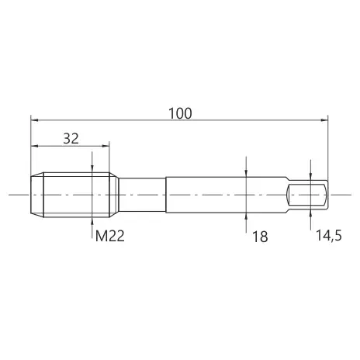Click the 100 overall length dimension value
(180, 113)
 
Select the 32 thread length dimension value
(71, 139)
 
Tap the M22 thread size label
(110, 236)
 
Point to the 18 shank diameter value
(260, 237)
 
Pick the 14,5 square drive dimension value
(329, 236)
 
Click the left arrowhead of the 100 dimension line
(34, 120)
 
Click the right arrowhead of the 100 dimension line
(324, 120)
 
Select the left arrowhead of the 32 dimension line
(35, 146)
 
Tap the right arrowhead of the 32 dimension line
(106, 146)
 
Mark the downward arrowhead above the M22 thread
(92, 168)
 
